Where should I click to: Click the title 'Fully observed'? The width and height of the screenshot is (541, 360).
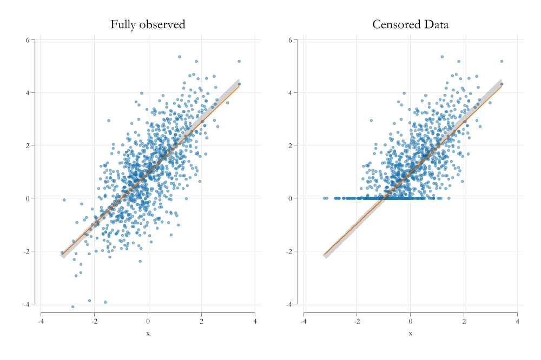pos(148,24)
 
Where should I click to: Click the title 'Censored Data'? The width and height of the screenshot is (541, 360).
pos(410,24)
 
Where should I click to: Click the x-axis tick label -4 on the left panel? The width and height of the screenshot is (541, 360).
pos(41,322)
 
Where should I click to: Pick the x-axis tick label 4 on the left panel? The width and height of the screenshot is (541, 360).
pos(255,322)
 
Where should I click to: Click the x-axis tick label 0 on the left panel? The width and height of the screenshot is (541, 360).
pos(148,322)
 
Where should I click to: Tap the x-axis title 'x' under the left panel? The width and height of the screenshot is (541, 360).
pos(148,334)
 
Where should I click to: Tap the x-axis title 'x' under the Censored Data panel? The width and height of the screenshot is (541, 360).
pos(410,334)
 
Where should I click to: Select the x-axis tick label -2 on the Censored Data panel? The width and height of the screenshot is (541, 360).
pos(357,322)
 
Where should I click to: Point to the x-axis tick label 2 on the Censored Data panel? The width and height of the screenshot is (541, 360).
pos(464,322)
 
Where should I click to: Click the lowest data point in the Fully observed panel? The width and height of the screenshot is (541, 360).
pos(72,306)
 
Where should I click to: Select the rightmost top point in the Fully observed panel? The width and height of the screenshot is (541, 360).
pos(239,62)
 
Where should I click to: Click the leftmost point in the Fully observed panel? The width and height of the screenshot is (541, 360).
pos(62,252)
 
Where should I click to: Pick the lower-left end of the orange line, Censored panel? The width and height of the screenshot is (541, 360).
pos(324,255)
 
